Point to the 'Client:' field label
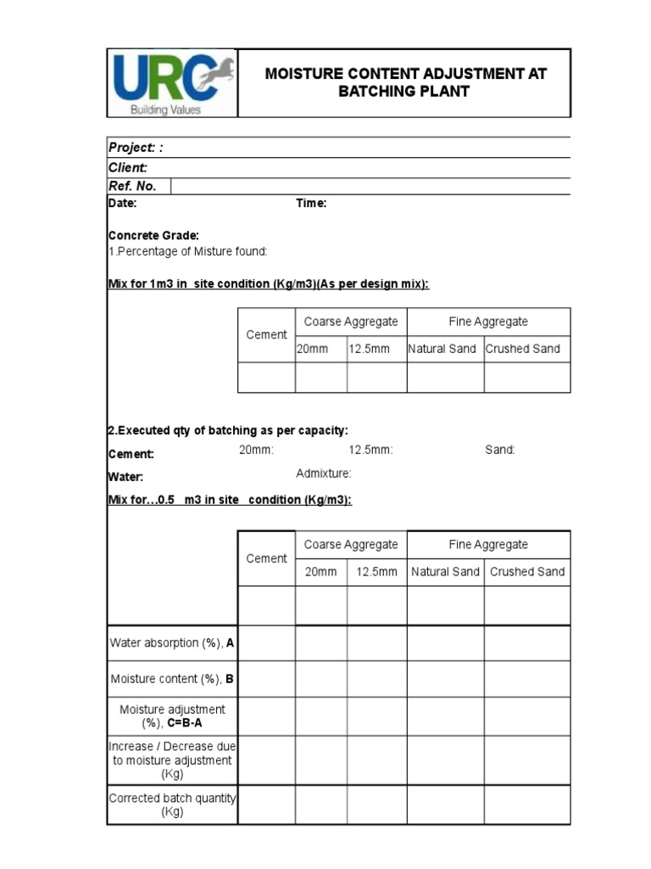128,168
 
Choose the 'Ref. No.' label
132,186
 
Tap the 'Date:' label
122,204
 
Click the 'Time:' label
311,204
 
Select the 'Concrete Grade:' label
153,235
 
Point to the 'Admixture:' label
323,474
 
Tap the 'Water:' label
125,477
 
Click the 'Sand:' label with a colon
500,450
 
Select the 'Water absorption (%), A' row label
172,643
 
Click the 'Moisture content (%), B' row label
172,679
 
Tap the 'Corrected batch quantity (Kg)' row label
172,805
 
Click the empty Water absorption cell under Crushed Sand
526,643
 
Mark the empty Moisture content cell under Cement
266,679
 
